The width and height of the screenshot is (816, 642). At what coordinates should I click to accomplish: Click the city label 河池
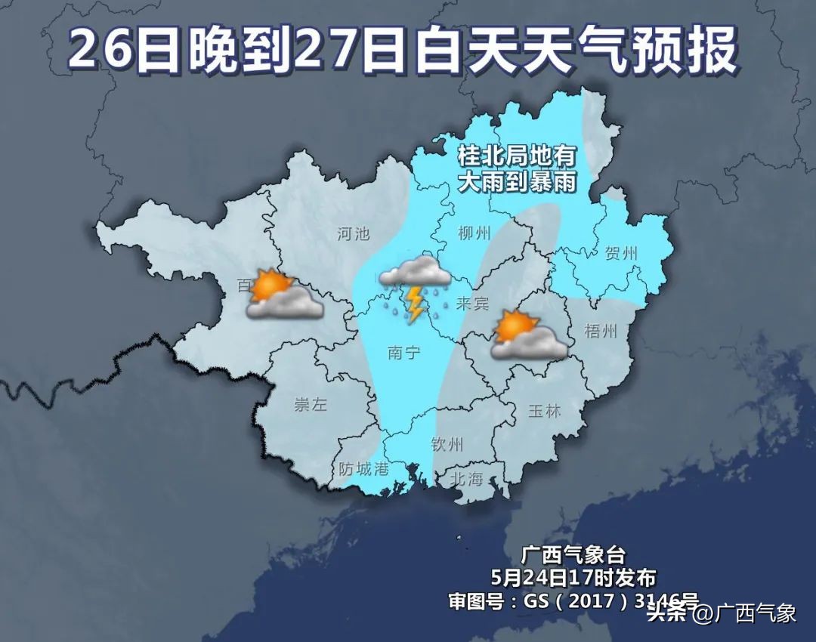click(353, 233)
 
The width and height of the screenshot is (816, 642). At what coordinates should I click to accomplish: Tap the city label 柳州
click(474, 233)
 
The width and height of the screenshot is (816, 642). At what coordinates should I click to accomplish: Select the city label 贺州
click(621, 253)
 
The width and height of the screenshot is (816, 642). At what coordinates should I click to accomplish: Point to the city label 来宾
click(473, 304)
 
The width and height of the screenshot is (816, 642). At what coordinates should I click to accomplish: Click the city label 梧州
click(601, 331)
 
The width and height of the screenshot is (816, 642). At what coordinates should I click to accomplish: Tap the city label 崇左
click(311, 404)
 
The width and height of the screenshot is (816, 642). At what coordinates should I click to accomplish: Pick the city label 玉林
click(544, 411)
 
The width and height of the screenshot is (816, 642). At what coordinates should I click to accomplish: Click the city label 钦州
click(447, 444)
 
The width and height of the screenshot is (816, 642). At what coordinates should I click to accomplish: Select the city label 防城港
click(363, 469)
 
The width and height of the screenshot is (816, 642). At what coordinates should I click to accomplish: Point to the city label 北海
click(466, 478)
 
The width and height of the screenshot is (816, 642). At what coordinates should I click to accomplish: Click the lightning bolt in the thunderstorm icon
click(415, 303)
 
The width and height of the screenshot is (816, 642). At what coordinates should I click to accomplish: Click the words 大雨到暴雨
click(517, 182)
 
